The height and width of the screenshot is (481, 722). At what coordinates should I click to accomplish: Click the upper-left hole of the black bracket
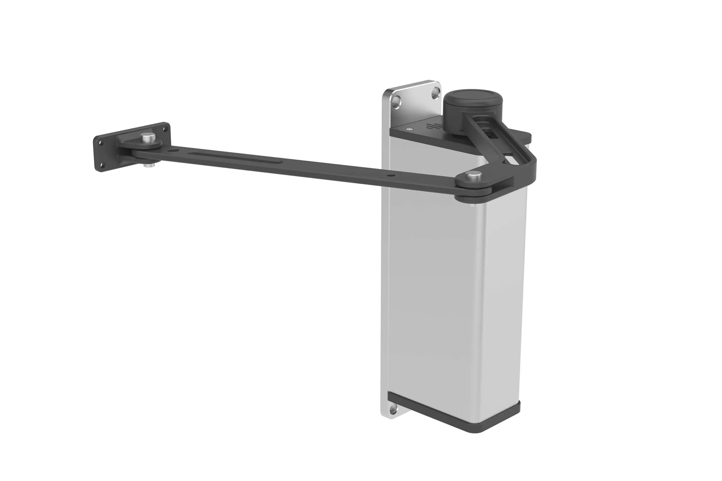(100, 143)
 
